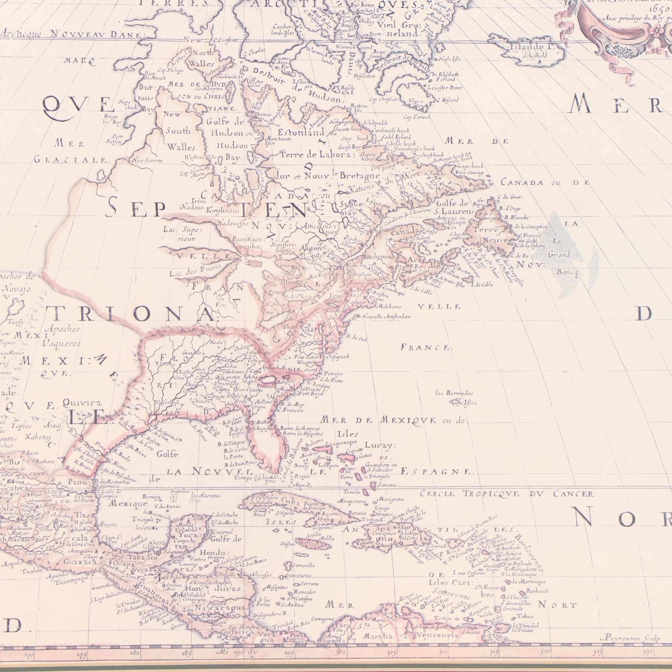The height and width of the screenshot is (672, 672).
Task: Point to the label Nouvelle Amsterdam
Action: (x=386, y=317)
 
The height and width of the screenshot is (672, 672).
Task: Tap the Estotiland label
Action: (x=301, y=133)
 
